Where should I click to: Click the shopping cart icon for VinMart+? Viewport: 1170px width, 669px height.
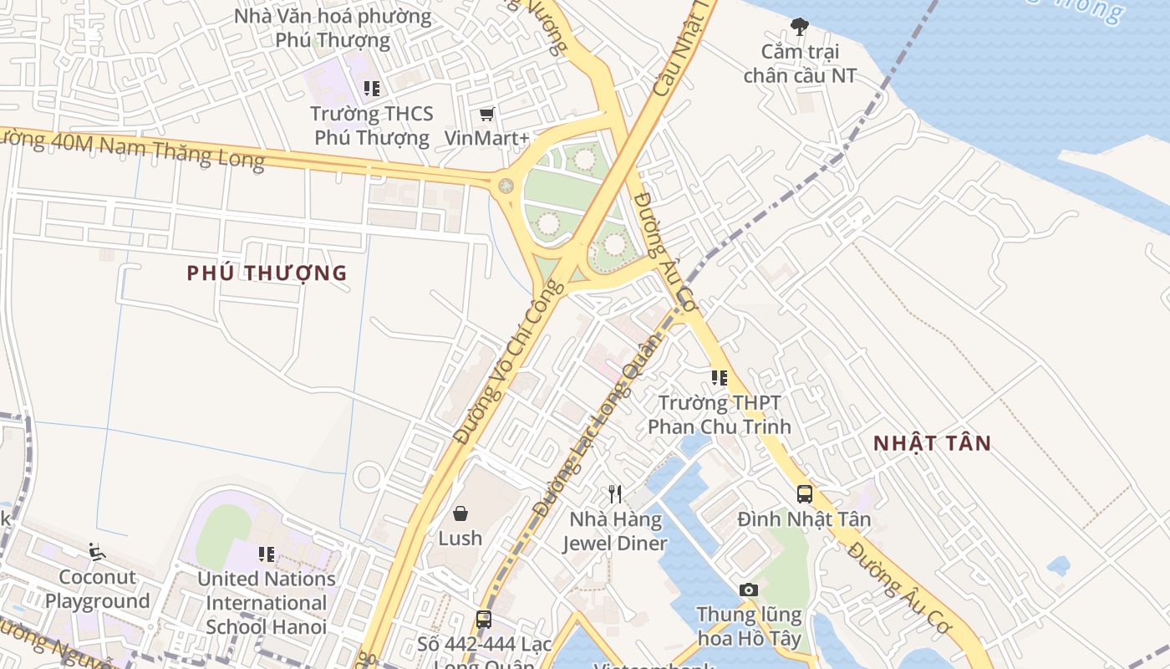[486, 114]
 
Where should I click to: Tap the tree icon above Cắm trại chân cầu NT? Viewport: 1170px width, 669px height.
[800, 27]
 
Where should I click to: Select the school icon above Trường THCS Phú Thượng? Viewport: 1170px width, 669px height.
[372, 89]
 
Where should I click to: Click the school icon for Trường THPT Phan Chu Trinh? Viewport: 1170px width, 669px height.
[719, 378]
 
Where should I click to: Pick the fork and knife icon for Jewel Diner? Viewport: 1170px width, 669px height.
[615, 494]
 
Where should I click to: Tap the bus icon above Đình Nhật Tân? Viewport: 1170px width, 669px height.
[804, 494]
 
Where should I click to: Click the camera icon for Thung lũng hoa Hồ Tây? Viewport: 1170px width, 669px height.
[749, 590]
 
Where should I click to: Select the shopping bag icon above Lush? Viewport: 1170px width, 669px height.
[460, 513]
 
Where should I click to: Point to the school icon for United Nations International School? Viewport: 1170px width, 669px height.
[267, 554]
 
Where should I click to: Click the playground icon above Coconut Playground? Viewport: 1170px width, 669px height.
[97, 552]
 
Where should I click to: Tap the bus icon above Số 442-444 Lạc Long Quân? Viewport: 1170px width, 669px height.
[483, 620]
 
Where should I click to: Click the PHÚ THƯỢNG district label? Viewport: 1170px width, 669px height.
[267, 273]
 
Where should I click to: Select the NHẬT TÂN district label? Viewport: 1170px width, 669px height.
[932, 444]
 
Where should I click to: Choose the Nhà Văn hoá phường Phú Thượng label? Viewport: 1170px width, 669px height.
[333, 28]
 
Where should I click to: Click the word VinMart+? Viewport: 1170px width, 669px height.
[486, 138]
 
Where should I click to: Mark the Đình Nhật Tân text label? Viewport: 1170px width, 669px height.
[804, 519]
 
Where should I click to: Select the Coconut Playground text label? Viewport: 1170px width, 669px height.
[97, 590]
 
